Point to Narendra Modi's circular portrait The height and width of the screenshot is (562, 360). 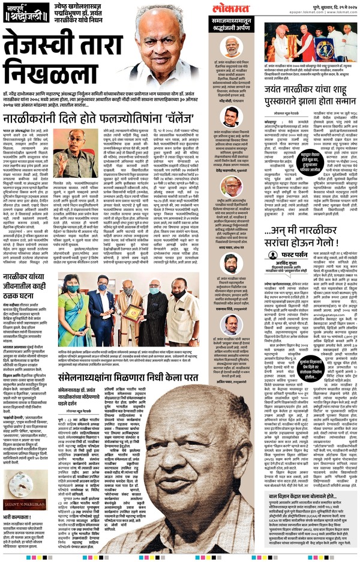231,46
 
